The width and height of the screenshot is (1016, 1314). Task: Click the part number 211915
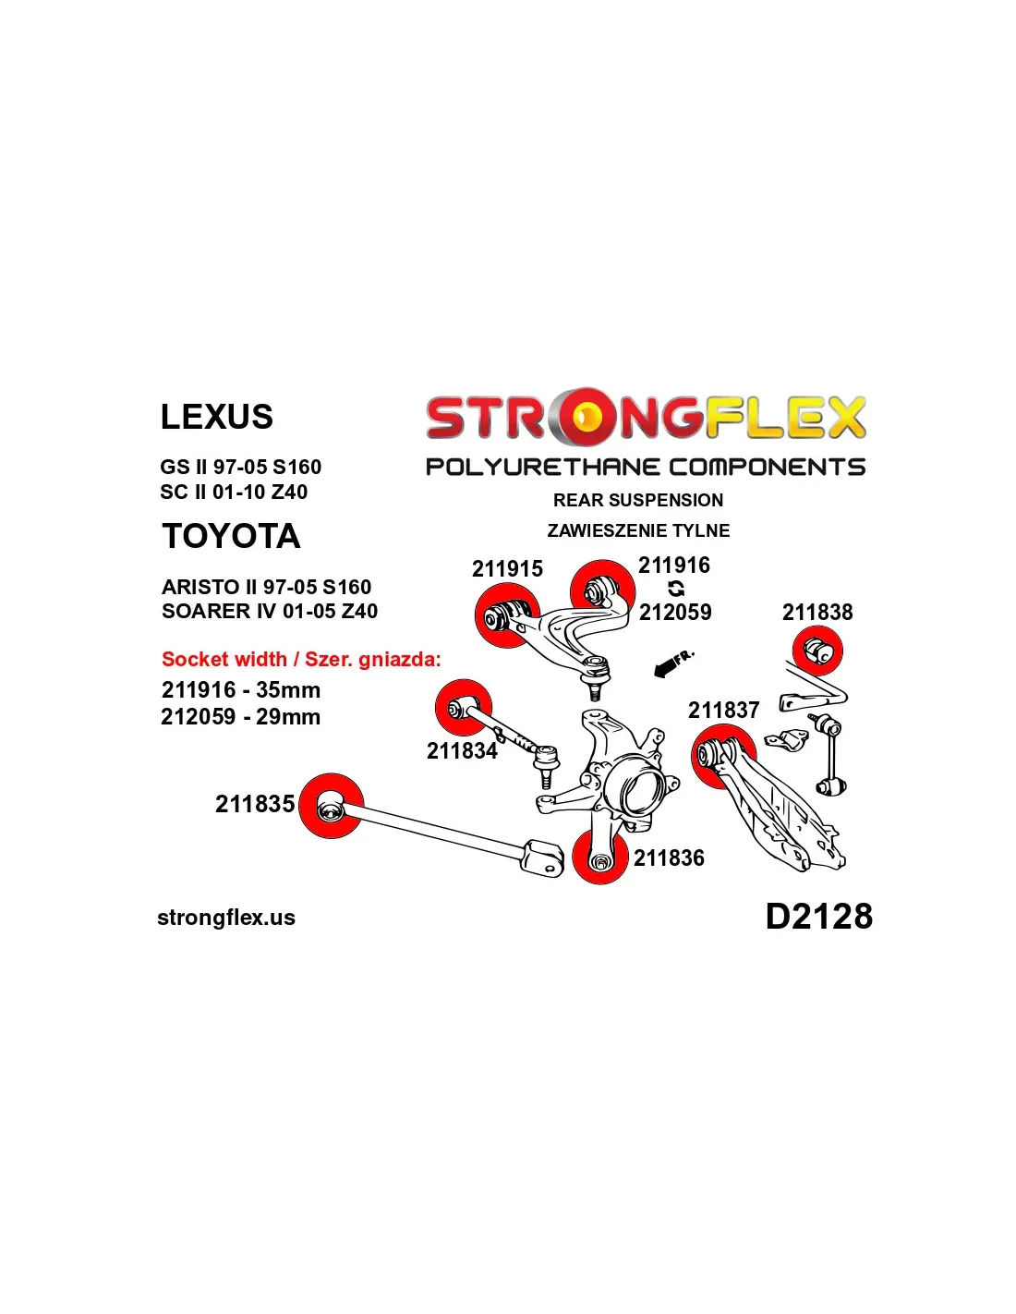tap(507, 568)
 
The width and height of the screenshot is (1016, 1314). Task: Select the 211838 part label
tap(817, 612)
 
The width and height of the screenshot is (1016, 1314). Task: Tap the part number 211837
tap(723, 710)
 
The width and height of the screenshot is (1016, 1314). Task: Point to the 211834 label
tap(462, 750)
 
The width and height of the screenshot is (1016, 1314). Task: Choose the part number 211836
tap(669, 858)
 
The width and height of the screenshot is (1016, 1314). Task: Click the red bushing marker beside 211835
tap(332, 806)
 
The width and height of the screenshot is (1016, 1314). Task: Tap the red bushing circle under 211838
tap(817, 651)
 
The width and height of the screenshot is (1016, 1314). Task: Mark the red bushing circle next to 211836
tap(600, 857)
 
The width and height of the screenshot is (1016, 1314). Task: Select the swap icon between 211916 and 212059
tap(676, 589)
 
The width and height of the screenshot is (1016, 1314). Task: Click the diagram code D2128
tap(819, 916)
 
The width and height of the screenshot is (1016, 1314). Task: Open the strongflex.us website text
tap(226, 918)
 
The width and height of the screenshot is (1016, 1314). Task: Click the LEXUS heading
tap(216, 417)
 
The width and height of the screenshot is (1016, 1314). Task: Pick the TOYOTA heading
tap(231, 536)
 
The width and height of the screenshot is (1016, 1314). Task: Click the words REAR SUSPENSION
tap(637, 500)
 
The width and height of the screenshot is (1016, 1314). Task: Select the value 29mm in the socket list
tap(287, 717)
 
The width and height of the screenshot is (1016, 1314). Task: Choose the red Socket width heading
tap(302, 659)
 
